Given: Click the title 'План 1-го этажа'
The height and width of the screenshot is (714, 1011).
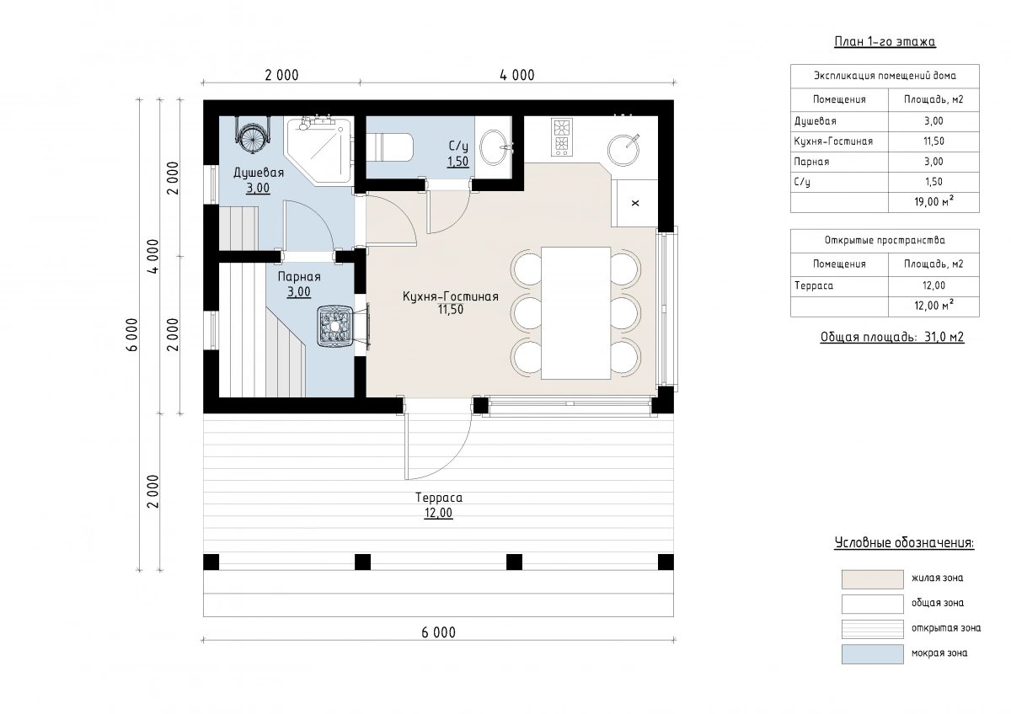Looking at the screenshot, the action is tap(885, 41).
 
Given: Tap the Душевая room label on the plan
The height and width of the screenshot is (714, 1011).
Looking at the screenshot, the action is tap(259, 173).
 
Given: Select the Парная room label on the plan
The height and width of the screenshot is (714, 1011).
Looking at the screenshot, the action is tap(299, 276).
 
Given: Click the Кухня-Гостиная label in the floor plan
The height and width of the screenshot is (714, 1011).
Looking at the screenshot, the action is tap(451, 296).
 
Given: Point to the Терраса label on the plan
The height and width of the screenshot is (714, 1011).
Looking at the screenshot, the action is tap(439, 498).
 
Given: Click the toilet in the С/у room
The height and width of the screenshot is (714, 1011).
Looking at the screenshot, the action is tap(389, 147).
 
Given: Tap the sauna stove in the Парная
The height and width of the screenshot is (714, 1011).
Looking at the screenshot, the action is tap(335, 326).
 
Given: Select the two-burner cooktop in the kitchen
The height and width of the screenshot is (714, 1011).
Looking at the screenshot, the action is tap(561, 136).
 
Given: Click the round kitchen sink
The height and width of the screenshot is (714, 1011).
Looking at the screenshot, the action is tap(623, 150).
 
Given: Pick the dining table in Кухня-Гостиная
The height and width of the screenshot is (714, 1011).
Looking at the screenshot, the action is tap(576, 313).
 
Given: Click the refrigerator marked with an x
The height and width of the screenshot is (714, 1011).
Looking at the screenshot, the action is tap(634, 203).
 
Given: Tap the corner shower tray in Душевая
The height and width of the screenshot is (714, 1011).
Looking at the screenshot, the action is tap(318, 151).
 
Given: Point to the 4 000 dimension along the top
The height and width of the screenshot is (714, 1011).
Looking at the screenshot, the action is tap(516, 75).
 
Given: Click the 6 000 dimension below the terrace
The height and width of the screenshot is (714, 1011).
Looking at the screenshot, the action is tap(438, 632).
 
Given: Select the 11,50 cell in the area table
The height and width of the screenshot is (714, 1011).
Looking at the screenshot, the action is tap(933, 141).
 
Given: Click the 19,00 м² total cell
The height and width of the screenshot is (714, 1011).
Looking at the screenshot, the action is tap(933, 202).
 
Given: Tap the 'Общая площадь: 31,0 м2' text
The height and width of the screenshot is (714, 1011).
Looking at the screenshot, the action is tap(892, 337).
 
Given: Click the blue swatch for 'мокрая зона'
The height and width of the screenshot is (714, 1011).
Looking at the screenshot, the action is tap(873, 654).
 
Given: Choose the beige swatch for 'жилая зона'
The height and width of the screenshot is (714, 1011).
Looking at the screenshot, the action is tap(873, 579).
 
